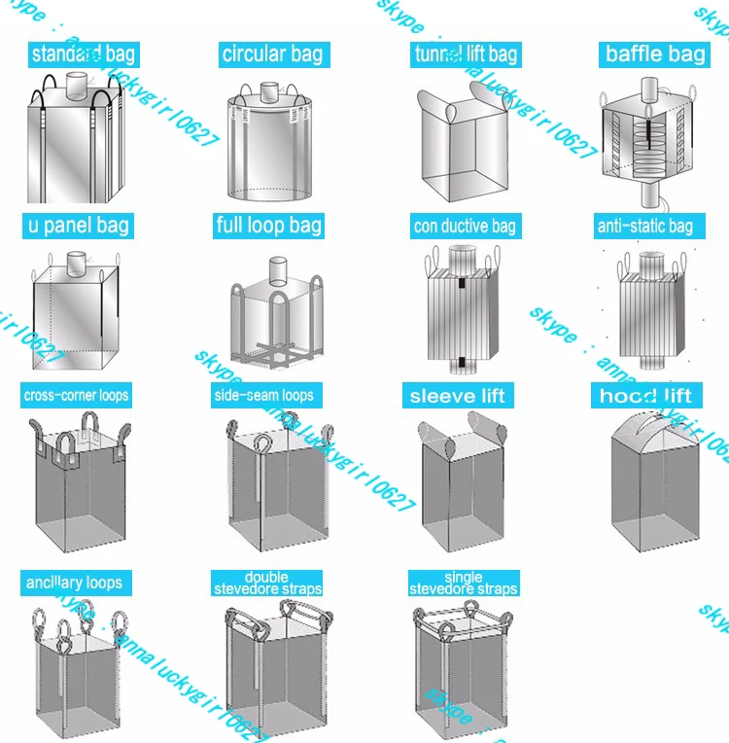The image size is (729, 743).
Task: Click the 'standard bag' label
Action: pyautogui.click(x=83, y=53)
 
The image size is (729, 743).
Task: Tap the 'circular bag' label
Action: pyautogui.click(x=272, y=53)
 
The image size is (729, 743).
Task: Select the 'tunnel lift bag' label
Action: pyautogui.click(x=464, y=53)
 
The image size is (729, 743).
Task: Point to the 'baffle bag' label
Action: pyautogui.click(x=655, y=53)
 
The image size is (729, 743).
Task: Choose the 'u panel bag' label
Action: pyautogui.click(x=77, y=226)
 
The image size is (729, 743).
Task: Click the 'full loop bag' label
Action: pyautogui.click(x=268, y=226)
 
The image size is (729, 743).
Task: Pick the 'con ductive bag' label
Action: pyautogui.click(x=465, y=226)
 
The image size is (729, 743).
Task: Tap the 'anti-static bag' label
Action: pyautogui.click(x=644, y=226)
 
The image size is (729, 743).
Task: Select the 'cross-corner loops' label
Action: pyautogui.click(x=76, y=395)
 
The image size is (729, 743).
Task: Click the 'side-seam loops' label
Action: pyautogui.click(x=264, y=395)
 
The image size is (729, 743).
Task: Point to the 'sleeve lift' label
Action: pyautogui.click(x=457, y=395)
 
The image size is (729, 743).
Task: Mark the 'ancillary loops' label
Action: pyautogui.click(x=75, y=583)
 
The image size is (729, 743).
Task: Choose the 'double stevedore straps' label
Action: pyautogui.click(x=267, y=584)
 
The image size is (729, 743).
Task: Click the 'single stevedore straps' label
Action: pyautogui.click(x=464, y=584)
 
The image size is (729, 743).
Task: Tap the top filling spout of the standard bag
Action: pyautogui.click(x=77, y=82)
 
